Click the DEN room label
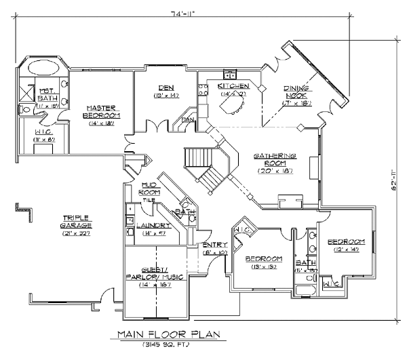point(163,87)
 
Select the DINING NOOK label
point(296,92)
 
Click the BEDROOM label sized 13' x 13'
point(263,259)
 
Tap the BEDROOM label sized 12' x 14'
point(346,242)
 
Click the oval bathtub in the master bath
point(42,69)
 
